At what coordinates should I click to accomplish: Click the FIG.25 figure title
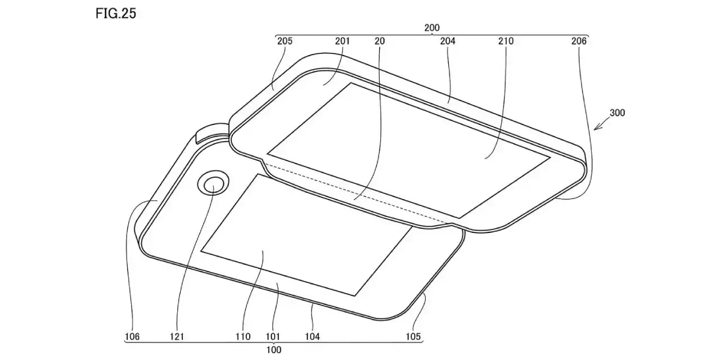coord(116,13)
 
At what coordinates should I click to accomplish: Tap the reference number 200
coord(431,28)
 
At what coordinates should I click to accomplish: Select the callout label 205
coord(285,41)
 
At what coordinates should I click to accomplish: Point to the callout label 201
coord(343,41)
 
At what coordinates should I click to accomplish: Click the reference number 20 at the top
coord(380,41)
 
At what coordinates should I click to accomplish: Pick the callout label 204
coord(448,41)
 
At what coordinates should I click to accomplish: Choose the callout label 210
coord(506,41)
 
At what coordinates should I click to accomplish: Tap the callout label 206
coord(579,41)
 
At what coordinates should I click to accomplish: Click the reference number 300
coord(618,113)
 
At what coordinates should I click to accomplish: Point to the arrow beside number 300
coord(601,124)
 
